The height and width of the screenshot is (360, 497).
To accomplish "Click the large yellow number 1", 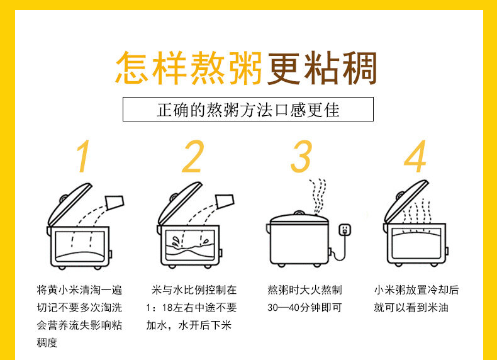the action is (x=83, y=156).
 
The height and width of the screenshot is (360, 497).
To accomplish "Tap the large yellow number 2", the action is (x=193, y=156).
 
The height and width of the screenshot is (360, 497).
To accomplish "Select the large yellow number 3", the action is (x=301, y=156).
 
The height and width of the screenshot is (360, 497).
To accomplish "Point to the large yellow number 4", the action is (x=415, y=156).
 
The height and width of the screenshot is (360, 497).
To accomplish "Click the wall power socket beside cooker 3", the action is (x=345, y=229).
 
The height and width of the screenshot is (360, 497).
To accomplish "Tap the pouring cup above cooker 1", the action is (x=114, y=203).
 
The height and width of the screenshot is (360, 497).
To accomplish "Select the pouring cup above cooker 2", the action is (x=225, y=201).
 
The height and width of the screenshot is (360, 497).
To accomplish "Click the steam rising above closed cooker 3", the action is (x=318, y=196).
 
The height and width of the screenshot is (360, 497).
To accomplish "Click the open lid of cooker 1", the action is (x=70, y=205).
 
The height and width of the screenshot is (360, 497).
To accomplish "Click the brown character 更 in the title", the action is (x=284, y=68).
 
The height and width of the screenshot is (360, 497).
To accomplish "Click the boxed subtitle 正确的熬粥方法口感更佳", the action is (x=248, y=110).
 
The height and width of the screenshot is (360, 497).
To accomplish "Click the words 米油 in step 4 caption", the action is (x=438, y=308).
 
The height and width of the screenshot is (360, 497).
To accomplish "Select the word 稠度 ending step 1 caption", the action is (x=47, y=342).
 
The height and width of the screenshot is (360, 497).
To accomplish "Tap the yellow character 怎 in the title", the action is (x=131, y=68).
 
